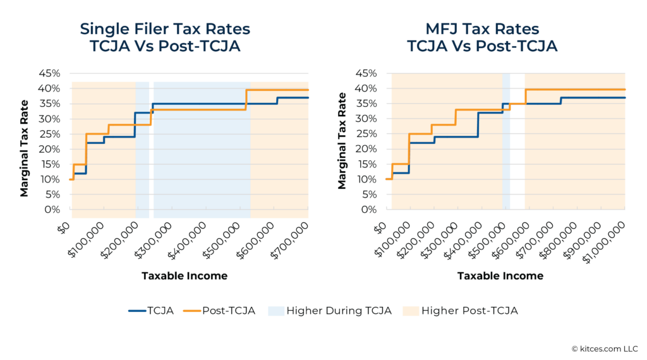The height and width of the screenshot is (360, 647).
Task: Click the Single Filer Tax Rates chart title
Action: pos(165,37)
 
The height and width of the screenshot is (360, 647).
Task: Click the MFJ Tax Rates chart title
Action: pos(481,37)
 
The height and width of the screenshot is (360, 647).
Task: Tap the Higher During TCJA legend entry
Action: pos(330,310)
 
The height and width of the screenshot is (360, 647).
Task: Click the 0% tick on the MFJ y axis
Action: pos(368,210)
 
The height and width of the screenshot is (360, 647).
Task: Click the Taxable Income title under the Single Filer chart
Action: pos(184,276)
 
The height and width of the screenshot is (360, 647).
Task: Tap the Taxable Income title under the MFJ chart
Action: pos(500,276)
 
